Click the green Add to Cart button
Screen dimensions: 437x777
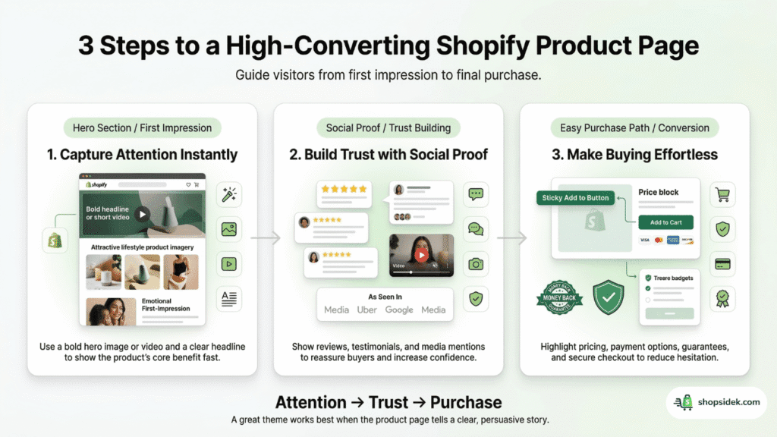(x=665, y=222)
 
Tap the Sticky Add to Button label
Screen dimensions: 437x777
(x=576, y=198)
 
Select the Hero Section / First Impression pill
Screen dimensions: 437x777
(x=142, y=127)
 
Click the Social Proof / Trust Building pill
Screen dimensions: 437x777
(x=388, y=127)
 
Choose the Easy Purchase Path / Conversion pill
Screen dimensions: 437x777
(x=634, y=127)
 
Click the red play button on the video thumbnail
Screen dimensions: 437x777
(x=421, y=256)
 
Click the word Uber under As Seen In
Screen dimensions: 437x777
(x=367, y=310)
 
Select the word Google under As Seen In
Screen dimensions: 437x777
(x=399, y=310)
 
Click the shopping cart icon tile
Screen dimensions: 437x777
(x=722, y=195)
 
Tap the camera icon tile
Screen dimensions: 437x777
(x=476, y=263)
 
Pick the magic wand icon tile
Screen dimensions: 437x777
(x=228, y=195)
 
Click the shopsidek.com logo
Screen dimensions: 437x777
(x=717, y=403)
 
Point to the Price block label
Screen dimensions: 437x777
(x=659, y=193)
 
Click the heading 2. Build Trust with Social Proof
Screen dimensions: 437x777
(x=388, y=155)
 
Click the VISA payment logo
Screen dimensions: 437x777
(x=645, y=241)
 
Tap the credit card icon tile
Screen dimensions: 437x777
(x=722, y=263)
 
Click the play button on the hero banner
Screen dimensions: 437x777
(x=143, y=213)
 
